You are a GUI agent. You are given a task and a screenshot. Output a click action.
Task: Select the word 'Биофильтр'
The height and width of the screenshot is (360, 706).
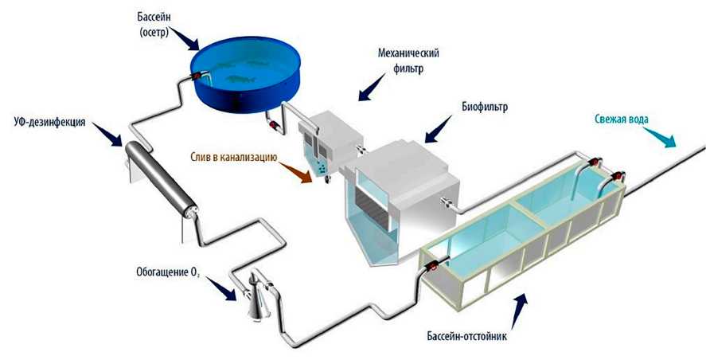[485, 105]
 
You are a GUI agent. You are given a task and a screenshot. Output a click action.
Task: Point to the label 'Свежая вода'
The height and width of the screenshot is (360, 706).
[622, 120]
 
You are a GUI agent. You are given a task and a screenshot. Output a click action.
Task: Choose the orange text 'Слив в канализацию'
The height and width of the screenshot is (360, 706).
[232, 158]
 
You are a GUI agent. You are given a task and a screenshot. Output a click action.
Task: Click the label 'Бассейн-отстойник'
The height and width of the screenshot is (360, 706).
[472, 338]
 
